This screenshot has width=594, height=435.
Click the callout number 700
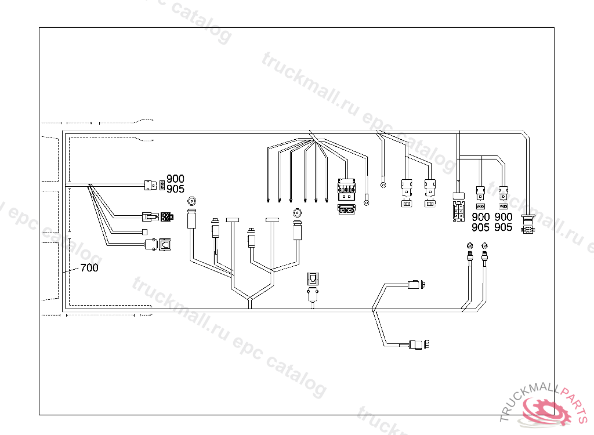(x=89, y=268)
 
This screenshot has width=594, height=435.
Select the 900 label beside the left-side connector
(x=175, y=178)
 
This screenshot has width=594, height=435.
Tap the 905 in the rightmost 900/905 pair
(x=504, y=227)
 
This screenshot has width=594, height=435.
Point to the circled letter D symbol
(x=191, y=202)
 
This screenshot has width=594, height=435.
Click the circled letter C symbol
(x=298, y=213)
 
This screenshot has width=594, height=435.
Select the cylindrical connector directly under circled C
(x=298, y=230)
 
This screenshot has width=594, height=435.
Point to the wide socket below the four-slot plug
(x=346, y=210)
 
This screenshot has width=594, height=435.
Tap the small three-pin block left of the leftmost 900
(x=162, y=186)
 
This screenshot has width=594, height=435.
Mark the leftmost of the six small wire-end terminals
(x=267, y=200)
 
